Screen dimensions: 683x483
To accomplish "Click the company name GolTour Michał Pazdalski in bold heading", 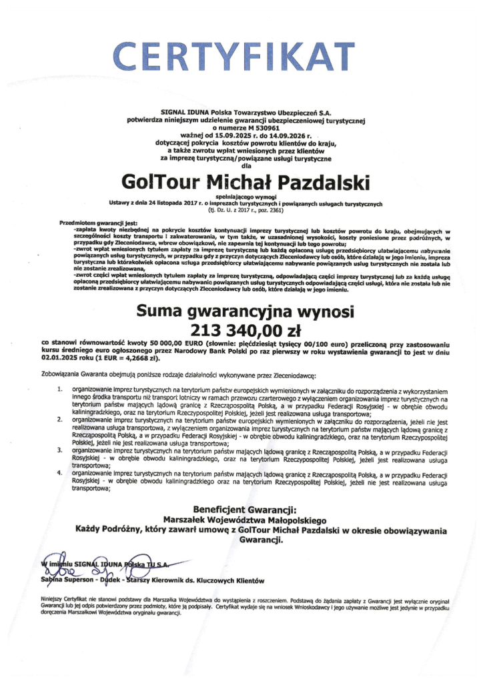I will pos(241,181).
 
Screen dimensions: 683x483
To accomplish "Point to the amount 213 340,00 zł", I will pos(241,329).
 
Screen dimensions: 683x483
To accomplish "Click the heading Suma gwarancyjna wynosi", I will pos(241,311).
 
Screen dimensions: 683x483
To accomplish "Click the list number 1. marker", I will pos(61,388).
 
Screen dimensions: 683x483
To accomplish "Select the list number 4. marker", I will pos(61,473).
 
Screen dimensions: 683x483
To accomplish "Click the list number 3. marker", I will pos(61,451).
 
